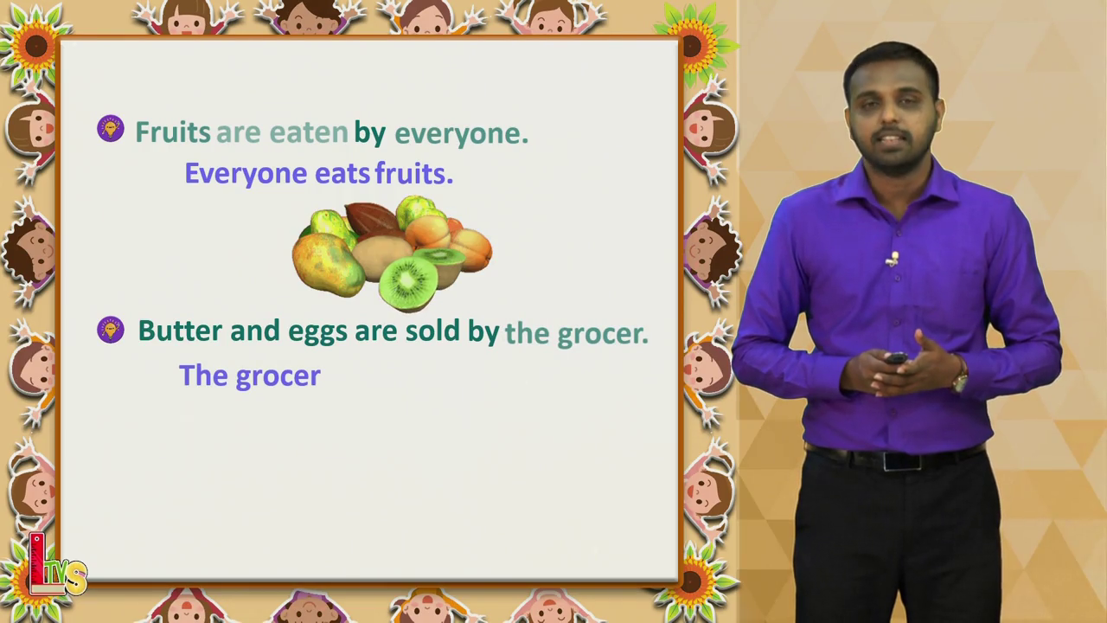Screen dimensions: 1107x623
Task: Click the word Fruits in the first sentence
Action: tap(173, 132)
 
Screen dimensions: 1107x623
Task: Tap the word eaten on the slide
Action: tap(309, 132)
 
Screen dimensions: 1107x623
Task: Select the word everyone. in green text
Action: tap(462, 134)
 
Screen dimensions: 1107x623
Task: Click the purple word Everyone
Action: tap(246, 174)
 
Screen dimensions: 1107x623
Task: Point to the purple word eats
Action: tap(342, 175)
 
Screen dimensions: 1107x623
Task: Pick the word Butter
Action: tap(180, 331)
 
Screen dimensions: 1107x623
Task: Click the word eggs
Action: tap(317, 332)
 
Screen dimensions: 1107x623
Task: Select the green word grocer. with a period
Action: tap(603, 335)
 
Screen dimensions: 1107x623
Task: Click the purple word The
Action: tap(203, 376)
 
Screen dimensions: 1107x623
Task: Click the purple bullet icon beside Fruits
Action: tap(111, 129)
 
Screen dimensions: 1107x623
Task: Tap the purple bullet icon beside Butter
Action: tap(111, 330)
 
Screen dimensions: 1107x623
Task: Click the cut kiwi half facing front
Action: tap(407, 283)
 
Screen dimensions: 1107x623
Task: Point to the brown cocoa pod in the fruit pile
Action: tap(371, 219)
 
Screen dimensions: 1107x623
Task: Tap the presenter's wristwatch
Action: tap(960, 381)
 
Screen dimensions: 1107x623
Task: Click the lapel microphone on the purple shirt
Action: tap(893, 259)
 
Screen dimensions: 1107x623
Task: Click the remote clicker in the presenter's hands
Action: tap(896, 358)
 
